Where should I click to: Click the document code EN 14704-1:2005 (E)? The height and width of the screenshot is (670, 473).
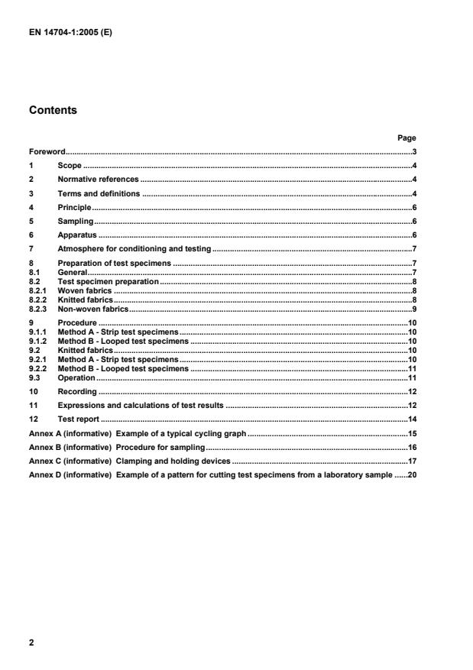pos(68,32)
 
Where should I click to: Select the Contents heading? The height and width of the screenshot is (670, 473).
pos(53,110)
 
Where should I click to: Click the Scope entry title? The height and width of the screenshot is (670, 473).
pos(70,166)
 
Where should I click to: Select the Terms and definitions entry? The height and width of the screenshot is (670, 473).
pos(99,193)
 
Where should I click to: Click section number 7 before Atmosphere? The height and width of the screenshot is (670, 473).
pos(31,249)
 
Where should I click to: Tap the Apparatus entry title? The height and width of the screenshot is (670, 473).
pos(76,235)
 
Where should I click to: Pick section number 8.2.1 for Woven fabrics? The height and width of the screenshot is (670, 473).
pos(38,291)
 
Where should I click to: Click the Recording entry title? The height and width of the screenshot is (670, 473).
pos(76,391)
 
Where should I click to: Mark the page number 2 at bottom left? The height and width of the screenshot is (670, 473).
pos(31,642)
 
